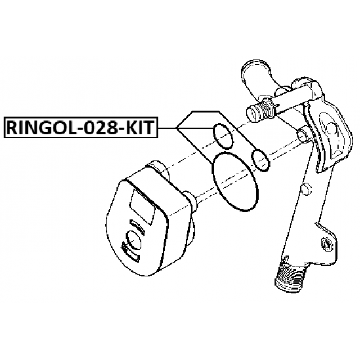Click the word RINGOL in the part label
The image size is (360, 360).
pyautogui.click(x=40, y=128)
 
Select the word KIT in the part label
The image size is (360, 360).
pyautogui.click(x=137, y=128)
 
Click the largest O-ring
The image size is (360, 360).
pyautogui.click(x=235, y=181)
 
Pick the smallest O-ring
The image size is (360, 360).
pyautogui.click(x=260, y=160)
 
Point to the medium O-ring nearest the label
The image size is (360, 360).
pyautogui.click(x=223, y=136)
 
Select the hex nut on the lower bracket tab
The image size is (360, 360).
pyautogui.click(x=326, y=244)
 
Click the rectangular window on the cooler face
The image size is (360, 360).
pyautogui.click(x=142, y=206)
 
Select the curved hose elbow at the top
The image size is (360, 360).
pyautogui.click(x=259, y=78)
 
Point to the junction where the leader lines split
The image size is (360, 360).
pyautogui.click(x=176, y=128)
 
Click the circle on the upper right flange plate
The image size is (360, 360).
pyautogui.click(x=333, y=129)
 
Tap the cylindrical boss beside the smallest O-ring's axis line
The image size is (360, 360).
pyautogui.click(x=303, y=135)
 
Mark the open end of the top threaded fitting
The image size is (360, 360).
pyautogui.click(x=251, y=113)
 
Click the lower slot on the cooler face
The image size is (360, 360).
pyautogui.click(x=130, y=255)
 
